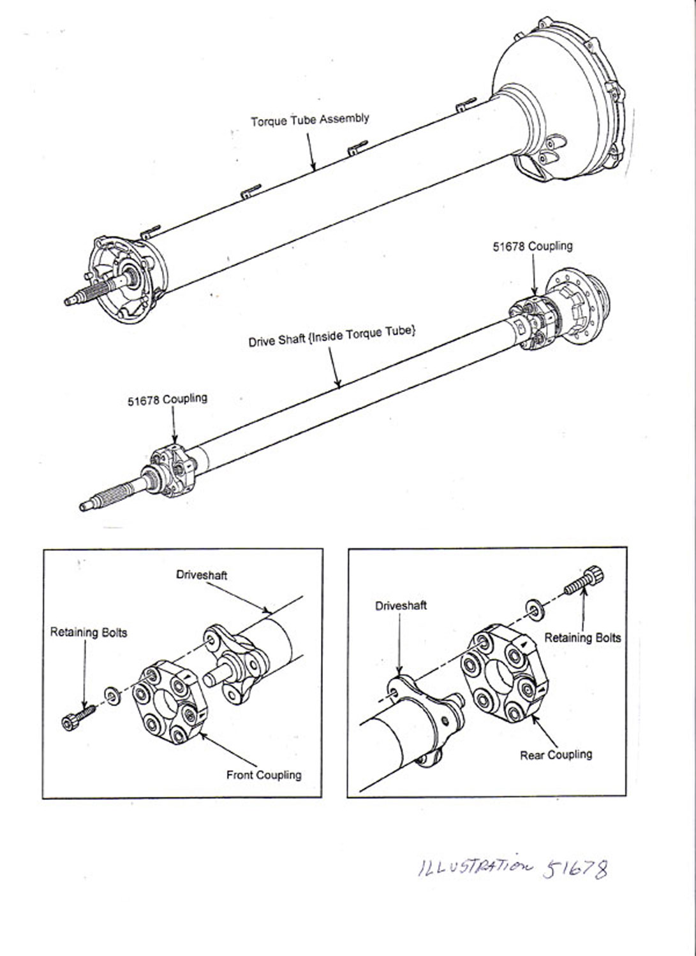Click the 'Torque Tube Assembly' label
coord(309,120)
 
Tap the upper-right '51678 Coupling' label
coord(532,246)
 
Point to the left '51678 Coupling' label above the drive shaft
coord(167,400)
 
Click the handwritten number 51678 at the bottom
coord(575,869)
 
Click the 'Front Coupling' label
coord(263,775)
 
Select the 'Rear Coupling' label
coord(556,755)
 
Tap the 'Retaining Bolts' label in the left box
coord(89,632)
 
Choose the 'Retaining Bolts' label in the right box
coord(582,637)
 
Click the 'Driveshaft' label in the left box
coord(202,575)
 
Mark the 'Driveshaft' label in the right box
coord(401,605)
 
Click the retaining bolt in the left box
coord(78,716)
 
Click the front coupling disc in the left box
coord(169,703)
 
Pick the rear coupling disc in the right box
coord(503,676)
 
